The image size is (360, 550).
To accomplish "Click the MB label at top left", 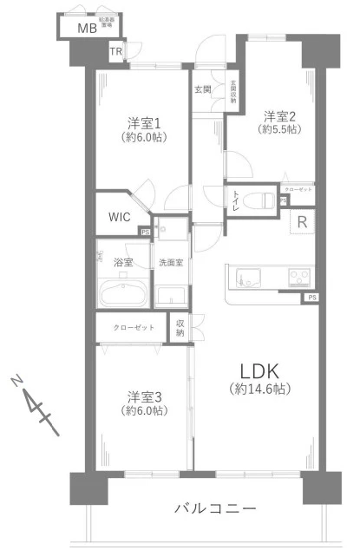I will point(87,28).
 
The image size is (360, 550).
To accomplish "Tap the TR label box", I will point(115,53).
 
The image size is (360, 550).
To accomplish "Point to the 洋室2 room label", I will point(281,116).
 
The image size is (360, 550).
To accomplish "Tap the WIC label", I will point(120,217).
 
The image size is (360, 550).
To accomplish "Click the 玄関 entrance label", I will point(202,88).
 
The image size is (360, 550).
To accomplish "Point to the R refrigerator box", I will point(301,221).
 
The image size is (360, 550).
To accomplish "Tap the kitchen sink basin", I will point(246,278).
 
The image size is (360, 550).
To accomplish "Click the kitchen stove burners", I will point(300,278).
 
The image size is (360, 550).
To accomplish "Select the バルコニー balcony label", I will point(214,507).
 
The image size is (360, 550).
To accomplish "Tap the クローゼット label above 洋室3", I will point(134,328).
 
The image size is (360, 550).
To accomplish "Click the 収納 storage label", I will point(180,327).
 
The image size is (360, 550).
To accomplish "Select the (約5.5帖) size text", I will point(281,130).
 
